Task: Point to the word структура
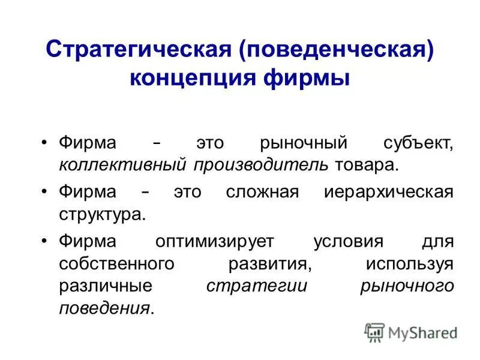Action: pyautogui.click(x=102, y=214)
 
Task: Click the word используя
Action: pyautogui.click(x=409, y=265)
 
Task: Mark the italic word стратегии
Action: pyautogui.click(x=256, y=286)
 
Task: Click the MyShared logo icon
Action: pyautogui.click(x=374, y=332)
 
